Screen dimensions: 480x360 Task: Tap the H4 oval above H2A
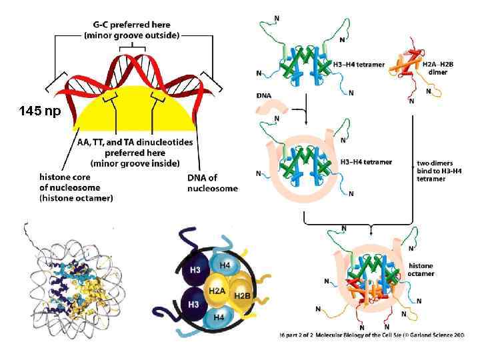225,266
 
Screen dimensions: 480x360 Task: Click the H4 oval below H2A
218,317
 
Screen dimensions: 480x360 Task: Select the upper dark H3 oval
195,269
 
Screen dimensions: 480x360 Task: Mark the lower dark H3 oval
195,305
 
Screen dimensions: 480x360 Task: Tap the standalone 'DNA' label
264,95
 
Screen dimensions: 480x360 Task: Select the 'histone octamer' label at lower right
421,269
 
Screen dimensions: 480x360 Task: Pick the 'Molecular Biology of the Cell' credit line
378,333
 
